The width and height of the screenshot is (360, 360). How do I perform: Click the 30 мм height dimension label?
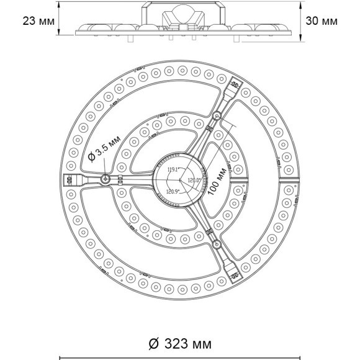tap(322, 20)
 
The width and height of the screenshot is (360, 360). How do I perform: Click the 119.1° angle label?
tap(172, 169)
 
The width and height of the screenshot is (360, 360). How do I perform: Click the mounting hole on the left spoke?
tap(106, 179)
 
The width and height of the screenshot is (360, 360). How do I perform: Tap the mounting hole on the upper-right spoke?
tap(216, 115)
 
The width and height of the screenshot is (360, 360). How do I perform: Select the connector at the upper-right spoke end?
tap(235, 84)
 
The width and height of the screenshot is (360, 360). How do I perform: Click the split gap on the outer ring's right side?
tap(289, 179)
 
